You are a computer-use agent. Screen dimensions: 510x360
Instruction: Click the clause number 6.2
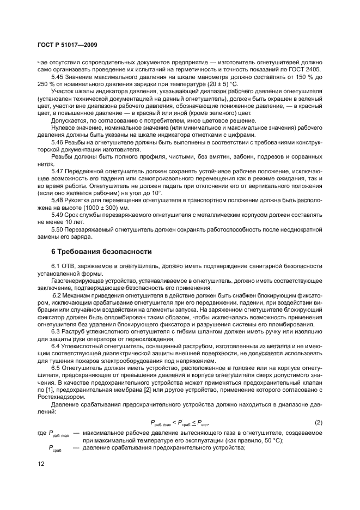(x=58, y=294)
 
